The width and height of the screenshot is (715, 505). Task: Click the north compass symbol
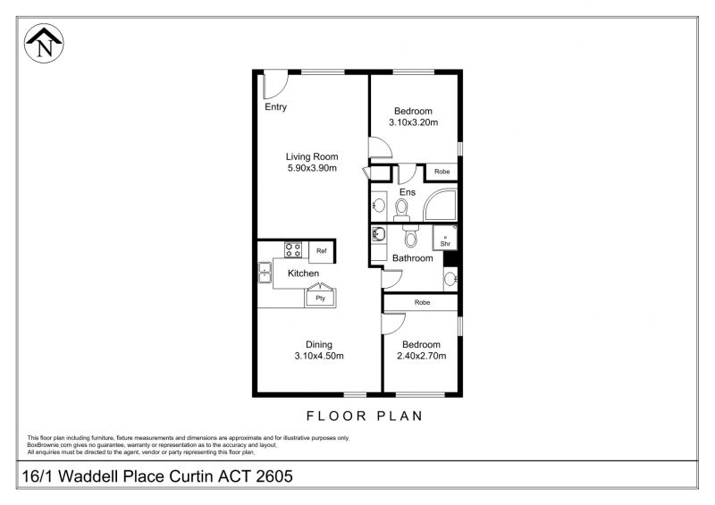(x=44, y=43)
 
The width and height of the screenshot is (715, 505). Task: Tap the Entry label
(x=276, y=106)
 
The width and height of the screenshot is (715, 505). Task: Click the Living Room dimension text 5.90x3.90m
(x=312, y=168)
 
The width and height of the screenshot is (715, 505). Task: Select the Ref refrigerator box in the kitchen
(x=322, y=251)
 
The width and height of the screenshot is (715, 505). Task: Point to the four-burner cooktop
(x=293, y=249)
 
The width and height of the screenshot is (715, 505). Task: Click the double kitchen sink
(x=265, y=273)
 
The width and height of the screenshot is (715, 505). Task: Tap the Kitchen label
(x=303, y=274)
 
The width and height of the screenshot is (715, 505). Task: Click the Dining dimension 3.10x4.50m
(x=319, y=356)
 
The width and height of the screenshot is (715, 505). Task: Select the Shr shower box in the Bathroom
(x=445, y=238)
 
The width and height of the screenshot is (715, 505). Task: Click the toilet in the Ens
(x=401, y=210)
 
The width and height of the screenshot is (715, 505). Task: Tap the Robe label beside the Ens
(x=442, y=172)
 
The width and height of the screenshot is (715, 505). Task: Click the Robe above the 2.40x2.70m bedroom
(x=422, y=302)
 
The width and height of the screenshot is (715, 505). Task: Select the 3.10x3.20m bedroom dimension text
(x=414, y=122)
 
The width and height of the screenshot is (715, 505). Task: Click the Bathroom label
(x=413, y=258)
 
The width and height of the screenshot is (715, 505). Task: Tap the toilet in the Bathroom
(x=410, y=235)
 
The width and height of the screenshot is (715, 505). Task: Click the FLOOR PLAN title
(x=365, y=416)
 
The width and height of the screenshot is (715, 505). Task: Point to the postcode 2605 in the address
(x=274, y=476)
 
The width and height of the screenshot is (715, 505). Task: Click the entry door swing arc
(x=281, y=90)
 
